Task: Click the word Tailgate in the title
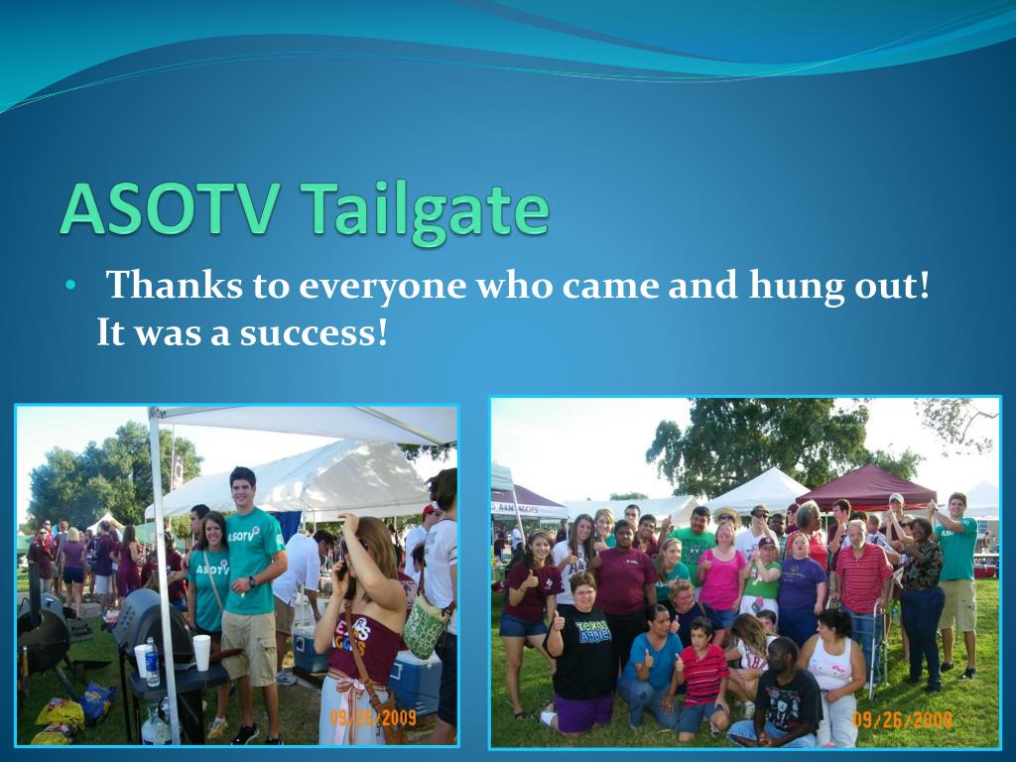[426, 209]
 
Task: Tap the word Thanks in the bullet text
[170, 286]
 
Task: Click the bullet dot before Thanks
[69, 287]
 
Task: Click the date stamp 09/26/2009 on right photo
[903, 718]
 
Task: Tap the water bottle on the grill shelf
[152, 662]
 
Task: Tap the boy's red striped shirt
[703, 674]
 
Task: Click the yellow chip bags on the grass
[62, 716]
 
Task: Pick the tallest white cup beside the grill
[201, 652]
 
